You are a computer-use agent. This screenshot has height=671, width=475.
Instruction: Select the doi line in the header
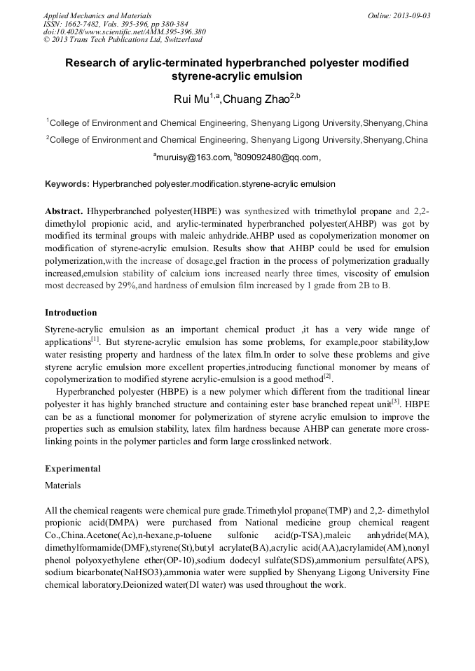[124, 31]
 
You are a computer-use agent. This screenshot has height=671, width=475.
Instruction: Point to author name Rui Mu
[191, 99]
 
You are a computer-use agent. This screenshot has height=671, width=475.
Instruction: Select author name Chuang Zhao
[256, 99]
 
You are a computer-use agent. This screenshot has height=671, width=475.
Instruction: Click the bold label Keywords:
[67, 184]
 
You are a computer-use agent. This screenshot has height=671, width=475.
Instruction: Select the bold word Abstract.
[64, 211]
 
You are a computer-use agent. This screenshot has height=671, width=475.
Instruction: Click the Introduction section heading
[71, 312]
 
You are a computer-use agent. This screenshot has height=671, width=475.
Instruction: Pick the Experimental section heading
[73, 468]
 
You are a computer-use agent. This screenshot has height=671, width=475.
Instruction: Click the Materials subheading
[62, 484]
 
